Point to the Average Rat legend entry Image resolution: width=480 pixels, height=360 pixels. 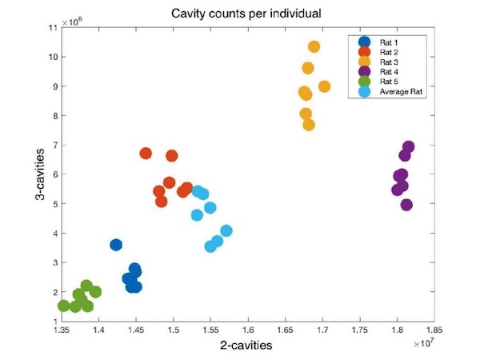tap(400, 92)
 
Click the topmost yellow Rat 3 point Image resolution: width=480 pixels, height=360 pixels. tap(314, 46)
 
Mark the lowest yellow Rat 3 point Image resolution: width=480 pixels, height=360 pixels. tap(309, 125)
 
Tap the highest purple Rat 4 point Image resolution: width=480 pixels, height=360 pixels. tap(408, 147)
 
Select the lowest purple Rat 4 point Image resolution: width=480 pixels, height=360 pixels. tap(406, 205)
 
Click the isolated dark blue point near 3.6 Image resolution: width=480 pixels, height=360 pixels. tap(116, 245)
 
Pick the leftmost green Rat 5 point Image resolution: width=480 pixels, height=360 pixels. tap(63, 306)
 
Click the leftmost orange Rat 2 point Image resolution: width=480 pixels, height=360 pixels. tap(146, 153)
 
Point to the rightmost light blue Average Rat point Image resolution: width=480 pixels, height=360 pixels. tap(226, 231)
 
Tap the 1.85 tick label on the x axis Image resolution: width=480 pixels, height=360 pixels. tap(434, 328)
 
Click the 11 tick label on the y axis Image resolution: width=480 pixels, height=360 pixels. tap(53, 28)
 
